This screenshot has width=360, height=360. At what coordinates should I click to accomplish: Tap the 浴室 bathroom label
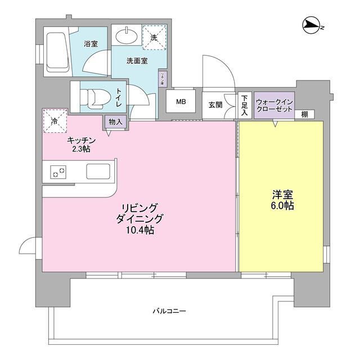[91, 43]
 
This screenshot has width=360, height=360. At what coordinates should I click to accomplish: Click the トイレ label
[119, 99]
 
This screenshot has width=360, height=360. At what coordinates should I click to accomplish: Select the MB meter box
[181, 102]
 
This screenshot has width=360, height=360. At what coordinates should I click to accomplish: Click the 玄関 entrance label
[215, 105]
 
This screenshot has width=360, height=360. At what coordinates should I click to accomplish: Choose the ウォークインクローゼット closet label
[273, 105]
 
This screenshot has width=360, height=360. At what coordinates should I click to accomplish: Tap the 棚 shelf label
[304, 114]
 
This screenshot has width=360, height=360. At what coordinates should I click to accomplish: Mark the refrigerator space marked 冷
[55, 121]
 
